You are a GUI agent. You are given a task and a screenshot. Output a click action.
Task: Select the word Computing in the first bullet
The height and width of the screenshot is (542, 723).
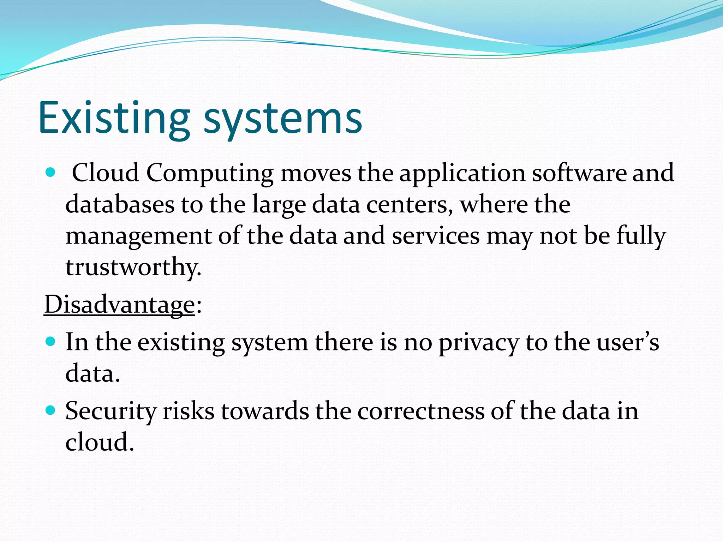click(x=210, y=174)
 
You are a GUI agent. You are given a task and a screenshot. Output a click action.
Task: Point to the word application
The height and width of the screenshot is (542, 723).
click(x=462, y=174)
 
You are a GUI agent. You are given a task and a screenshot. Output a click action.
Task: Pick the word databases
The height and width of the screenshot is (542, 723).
click(x=120, y=204)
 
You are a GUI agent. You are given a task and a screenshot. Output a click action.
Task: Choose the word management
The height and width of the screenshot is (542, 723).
click(x=138, y=236)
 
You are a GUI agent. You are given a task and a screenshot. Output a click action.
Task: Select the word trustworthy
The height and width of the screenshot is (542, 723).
click(x=133, y=267)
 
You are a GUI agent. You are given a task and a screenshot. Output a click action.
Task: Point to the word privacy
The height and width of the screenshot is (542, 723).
click(x=479, y=343)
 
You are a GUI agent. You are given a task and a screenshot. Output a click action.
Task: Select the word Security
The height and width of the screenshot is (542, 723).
click(x=111, y=411)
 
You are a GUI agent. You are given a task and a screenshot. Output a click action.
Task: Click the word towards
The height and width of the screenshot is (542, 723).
click(x=265, y=411)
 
